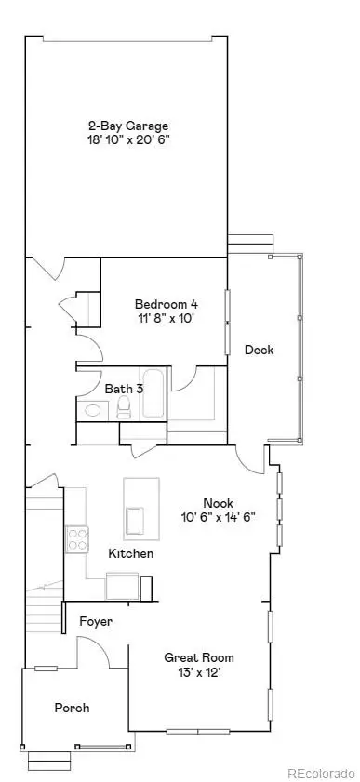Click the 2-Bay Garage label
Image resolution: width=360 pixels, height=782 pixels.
point(128,126)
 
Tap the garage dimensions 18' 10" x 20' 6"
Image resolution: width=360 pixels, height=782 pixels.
point(128,140)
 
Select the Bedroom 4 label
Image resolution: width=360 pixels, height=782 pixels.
point(166,304)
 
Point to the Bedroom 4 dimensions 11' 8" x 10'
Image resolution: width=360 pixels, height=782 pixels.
point(166,318)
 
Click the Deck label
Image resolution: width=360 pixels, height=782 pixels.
point(258,350)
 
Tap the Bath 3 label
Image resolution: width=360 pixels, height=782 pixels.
point(124,389)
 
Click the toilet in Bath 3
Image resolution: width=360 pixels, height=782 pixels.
point(124,410)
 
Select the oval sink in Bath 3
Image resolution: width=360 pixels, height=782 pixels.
point(93,410)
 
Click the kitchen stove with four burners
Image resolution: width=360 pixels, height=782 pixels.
point(76,537)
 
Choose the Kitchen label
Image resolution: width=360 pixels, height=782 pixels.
point(131,554)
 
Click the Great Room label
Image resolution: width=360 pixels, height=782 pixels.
point(193,657)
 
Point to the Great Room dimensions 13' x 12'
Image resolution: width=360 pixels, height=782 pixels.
point(193,671)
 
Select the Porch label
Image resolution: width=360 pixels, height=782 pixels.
point(72,709)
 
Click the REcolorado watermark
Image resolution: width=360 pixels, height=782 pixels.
point(321,773)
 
